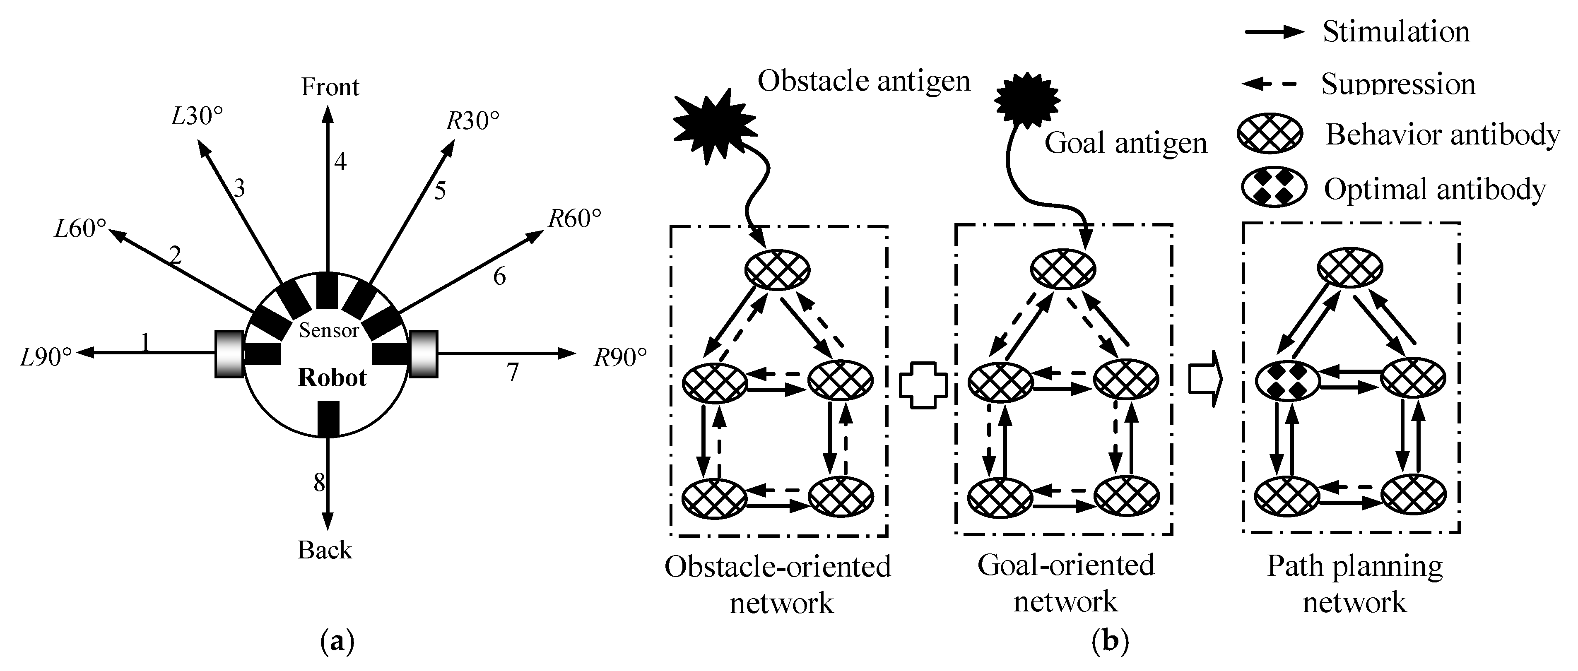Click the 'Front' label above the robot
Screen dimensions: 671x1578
(330, 87)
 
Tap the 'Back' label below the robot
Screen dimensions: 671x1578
(325, 550)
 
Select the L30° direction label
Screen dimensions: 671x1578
(196, 116)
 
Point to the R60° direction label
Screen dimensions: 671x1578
(574, 219)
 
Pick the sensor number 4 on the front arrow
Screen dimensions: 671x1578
(340, 161)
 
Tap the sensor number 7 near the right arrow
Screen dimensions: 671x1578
(513, 372)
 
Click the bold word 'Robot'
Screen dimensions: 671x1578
(332, 378)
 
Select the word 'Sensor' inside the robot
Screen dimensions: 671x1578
(328, 331)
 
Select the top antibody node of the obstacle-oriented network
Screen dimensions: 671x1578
(777, 269)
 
